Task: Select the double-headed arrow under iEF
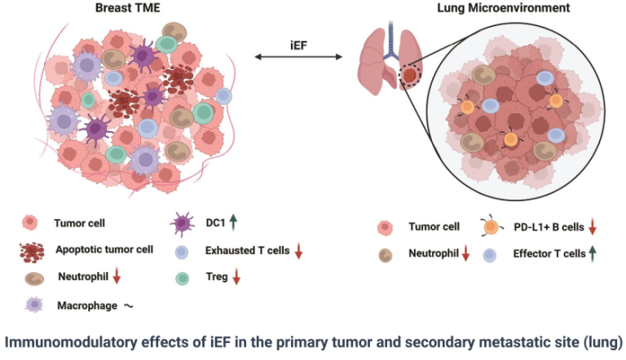point(298,57)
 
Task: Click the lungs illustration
point(387,65)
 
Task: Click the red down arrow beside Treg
point(237,278)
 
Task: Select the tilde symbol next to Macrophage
point(128,306)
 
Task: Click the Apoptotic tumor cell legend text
point(104,249)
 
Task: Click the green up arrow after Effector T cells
point(593,253)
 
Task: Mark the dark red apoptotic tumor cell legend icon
point(33,250)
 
